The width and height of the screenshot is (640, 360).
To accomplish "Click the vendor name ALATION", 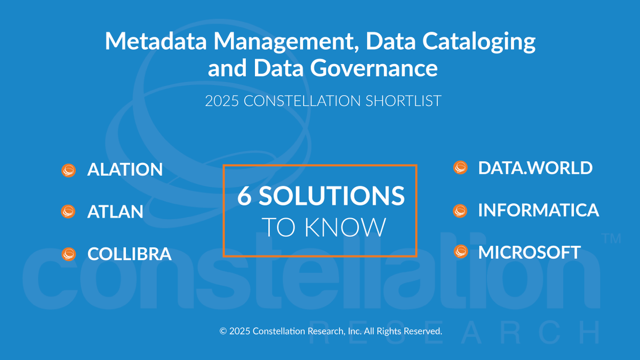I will click(x=125, y=170).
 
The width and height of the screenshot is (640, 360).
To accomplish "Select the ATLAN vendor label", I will click(x=115, y=212).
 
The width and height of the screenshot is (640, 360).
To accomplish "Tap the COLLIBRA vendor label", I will click(x=129, y=254).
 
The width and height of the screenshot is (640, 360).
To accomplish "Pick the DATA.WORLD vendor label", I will click(x=535, y=167).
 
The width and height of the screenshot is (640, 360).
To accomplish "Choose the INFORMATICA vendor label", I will click(x=538, y=210).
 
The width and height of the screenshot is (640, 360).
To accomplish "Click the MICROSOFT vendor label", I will click(x=529, y=252).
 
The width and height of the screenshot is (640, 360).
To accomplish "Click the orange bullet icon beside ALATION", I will click(x=69, y=170).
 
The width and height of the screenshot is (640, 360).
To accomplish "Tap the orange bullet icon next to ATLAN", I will click(x=69, y=211).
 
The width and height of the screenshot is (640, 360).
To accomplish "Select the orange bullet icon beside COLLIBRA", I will click(x=69, y=254).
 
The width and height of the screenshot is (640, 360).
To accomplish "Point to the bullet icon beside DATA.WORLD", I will click(x=460, y=167).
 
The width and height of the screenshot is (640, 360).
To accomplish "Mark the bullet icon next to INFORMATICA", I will click(x=460, y=210).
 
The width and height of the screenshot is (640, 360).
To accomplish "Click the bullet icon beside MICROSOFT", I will click(x=460, y=252).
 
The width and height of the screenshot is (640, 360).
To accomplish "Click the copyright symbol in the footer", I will click(x=223, y=331).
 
